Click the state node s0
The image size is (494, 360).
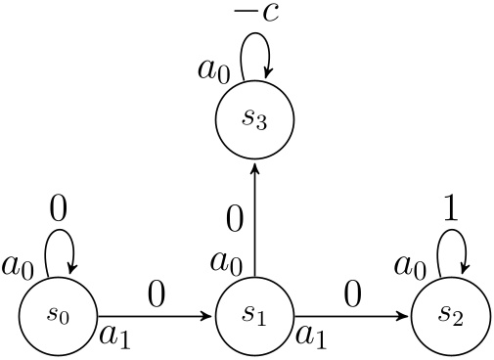58,316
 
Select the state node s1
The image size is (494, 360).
254,316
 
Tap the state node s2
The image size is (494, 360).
450,316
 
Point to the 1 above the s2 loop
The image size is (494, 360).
451,210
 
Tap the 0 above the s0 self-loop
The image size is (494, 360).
58,210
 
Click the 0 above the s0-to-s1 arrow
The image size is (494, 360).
157,292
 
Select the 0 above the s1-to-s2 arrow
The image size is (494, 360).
352,292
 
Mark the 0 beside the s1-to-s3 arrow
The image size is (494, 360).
235,219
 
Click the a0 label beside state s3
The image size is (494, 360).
213,69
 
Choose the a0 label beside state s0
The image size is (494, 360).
18,264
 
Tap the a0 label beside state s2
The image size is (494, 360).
410,264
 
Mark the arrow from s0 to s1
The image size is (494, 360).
157,316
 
